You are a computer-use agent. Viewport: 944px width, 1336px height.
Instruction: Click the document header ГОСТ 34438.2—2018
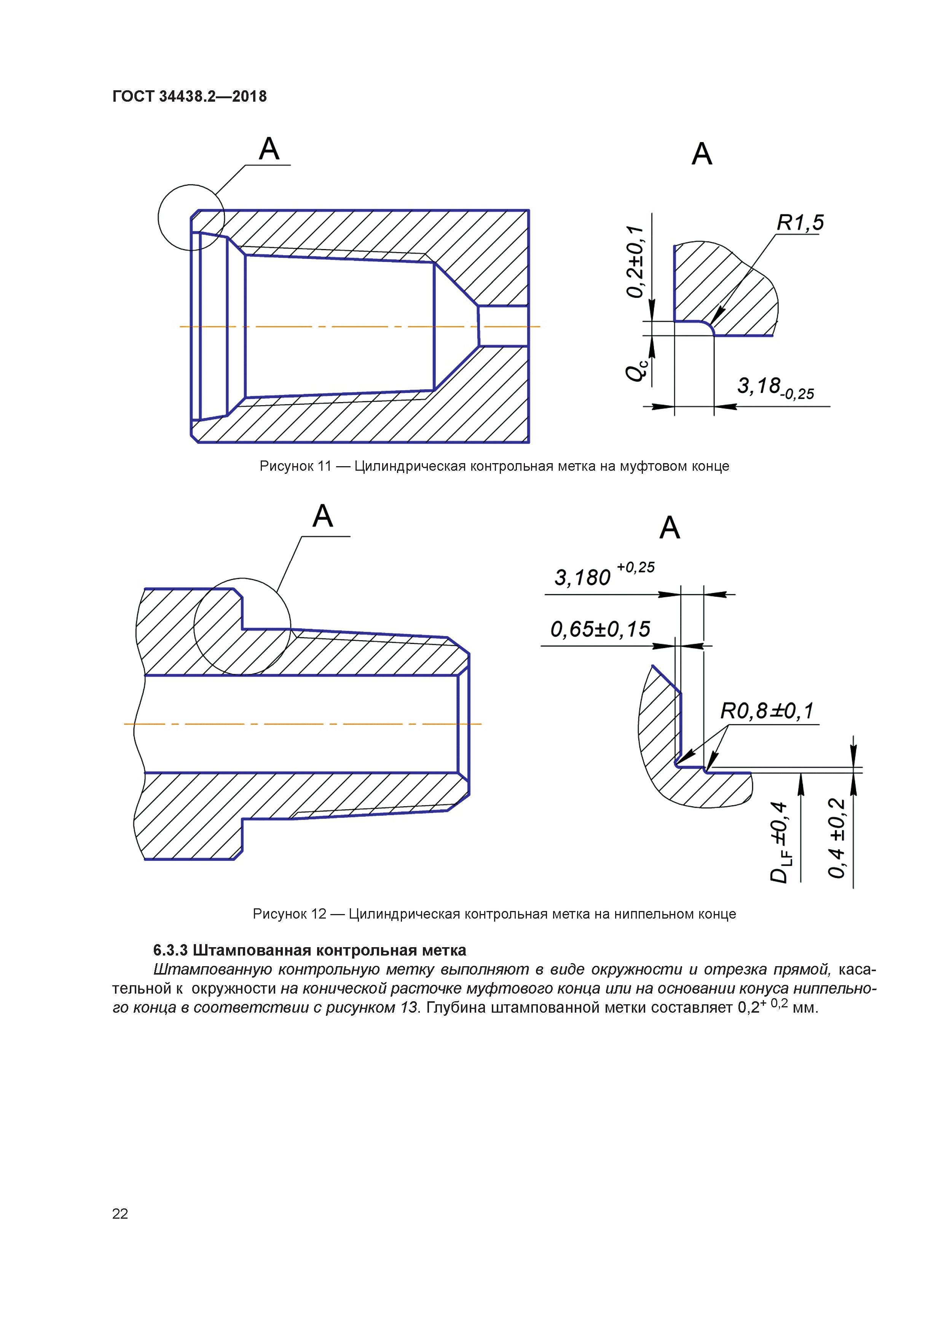189,97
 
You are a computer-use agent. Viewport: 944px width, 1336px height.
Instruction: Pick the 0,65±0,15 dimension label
600,629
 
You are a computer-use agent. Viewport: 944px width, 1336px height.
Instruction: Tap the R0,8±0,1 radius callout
767,711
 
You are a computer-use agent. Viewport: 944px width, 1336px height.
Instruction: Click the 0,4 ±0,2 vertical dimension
836,838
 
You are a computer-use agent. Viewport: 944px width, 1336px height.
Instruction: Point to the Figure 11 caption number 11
324,466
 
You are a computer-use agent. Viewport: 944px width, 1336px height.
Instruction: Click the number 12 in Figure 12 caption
318,914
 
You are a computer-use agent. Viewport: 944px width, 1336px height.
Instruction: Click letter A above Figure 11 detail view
702,154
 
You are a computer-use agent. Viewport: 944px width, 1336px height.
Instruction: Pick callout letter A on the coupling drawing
269,149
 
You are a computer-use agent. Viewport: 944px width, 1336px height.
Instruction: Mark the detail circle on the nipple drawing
242,579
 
